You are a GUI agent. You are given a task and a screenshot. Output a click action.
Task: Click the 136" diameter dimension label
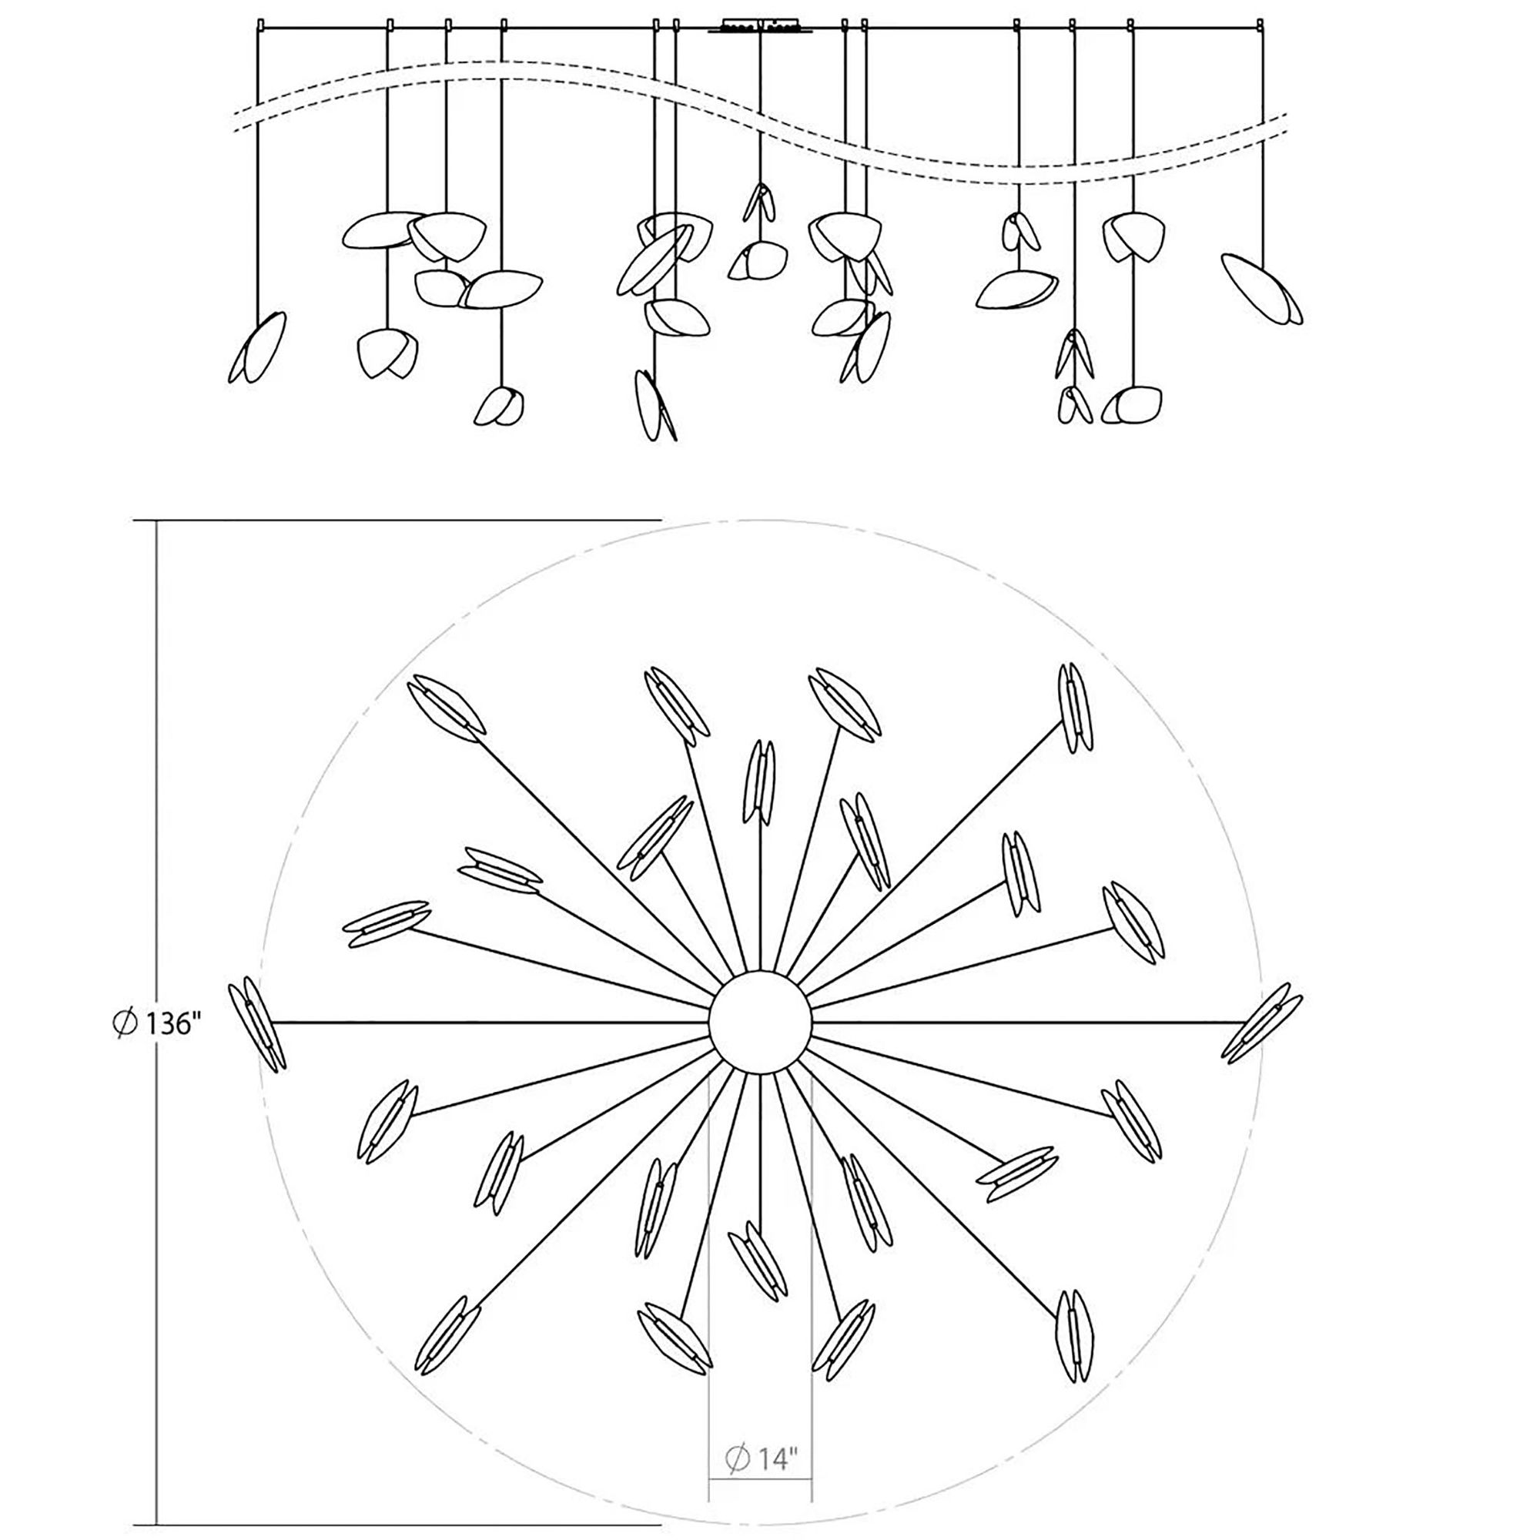[155, 1023]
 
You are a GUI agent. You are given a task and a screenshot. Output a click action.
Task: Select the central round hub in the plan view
[762, 1021]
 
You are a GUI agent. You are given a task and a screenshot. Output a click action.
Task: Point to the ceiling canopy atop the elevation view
[762, 26]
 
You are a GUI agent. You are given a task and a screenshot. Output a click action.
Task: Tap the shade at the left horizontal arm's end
[256, 1023]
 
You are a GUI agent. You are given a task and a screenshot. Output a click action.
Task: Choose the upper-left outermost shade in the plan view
[447, 708]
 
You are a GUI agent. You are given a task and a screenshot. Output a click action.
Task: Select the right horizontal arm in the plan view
[1028, 1021]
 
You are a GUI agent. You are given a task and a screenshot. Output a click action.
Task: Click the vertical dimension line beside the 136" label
[156, 797]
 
